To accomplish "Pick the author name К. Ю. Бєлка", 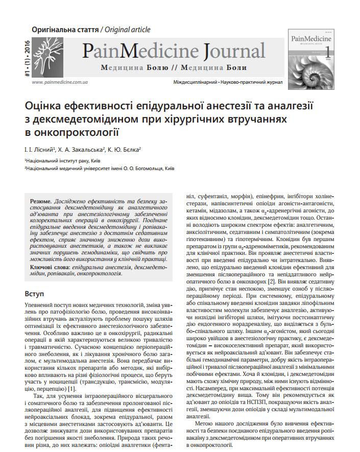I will click(126, 150).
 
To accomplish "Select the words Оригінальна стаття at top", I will click(65, 29).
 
